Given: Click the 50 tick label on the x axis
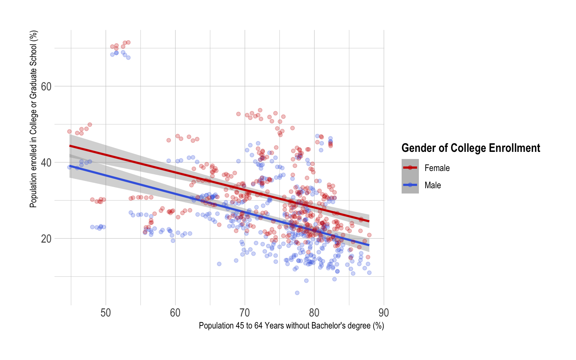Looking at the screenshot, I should pos(106,313).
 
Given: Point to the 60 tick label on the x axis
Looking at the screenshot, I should pos(175,313).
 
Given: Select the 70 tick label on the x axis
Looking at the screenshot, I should pos(245,313).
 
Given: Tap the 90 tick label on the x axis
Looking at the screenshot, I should pos(384,313).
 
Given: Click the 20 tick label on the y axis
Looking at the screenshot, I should pos(46,239).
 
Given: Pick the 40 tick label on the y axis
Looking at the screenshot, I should pos(46,163).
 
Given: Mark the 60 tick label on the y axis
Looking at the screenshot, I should pos(46,87).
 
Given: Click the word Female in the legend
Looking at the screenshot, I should pos(437,168).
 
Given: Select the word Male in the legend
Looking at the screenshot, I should pos(433,185).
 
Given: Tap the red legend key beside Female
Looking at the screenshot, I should pos(410,168).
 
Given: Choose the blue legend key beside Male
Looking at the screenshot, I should pos(410,185).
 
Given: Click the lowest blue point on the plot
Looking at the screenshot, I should pos(297,293).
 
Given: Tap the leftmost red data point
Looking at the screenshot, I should pos(69,132).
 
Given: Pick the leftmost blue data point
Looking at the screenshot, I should pos(69,167).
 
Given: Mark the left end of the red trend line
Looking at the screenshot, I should pos(70,146).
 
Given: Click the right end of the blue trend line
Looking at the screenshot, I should pos(369,245).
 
